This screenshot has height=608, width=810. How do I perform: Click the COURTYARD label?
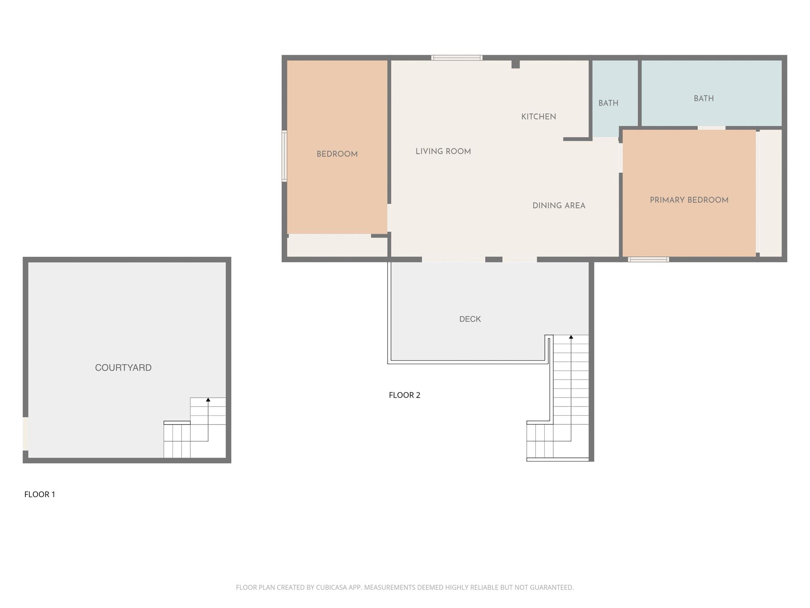click(x=123, y=368)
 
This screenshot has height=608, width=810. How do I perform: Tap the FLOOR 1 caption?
click(x=40, y=494)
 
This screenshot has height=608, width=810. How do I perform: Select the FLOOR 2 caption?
click(x=404, y=395)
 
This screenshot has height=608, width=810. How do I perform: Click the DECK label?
click(x=470, y=319)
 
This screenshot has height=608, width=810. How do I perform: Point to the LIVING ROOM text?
click(x=443, y=152)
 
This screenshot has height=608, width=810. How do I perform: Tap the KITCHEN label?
click(x=538, y=117)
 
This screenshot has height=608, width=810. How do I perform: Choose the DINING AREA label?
click(x=558, y=206)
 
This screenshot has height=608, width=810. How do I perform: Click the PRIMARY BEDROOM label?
click(x=689, y=200)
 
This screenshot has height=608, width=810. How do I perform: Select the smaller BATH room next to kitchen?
click(x=608, y=103)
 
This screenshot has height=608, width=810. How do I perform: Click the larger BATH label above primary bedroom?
click(x=704, y=99)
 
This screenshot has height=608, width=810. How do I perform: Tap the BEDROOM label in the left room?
click(x=337, y=154)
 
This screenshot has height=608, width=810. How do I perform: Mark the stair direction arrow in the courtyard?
click(x=208, y=400)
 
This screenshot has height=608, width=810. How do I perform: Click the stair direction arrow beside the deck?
click(x=571, y=337)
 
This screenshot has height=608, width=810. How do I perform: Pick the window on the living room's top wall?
click(x=456, y=58)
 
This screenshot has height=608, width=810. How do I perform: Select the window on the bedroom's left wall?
click(x=284, y=156)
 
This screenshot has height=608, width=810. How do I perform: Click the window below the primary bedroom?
click(x=648, y=260)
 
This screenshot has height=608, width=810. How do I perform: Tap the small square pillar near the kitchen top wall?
click(x=515, y=64)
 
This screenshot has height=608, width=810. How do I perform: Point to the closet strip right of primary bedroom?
click(x=770, y=193)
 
